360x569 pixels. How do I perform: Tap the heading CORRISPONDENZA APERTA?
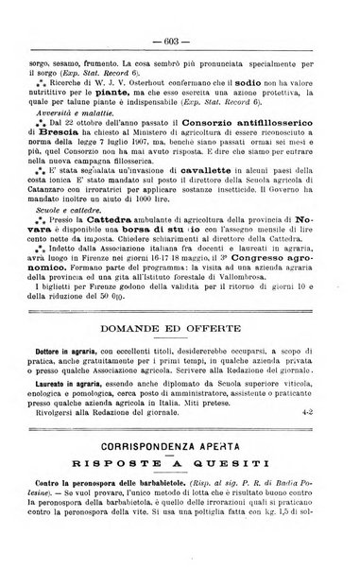click(180, 467)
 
